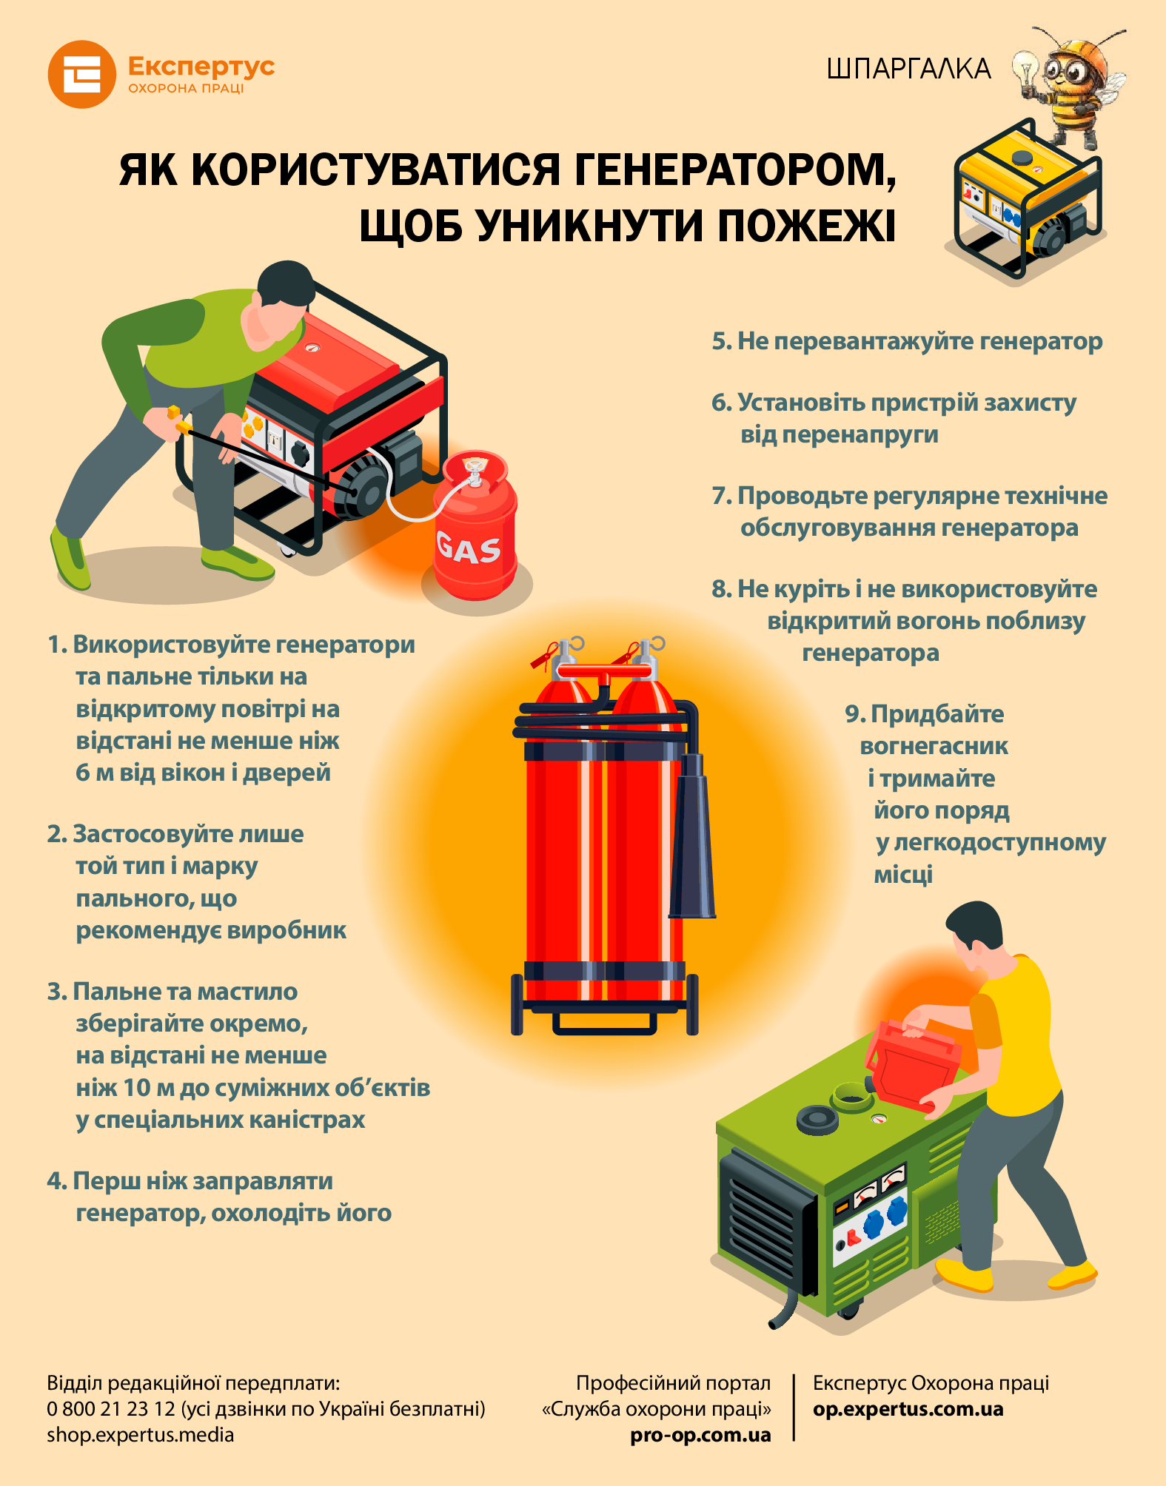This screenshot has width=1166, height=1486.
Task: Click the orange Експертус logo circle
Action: tap(81, 74)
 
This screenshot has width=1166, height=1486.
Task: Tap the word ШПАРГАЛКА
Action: tap(908, 69)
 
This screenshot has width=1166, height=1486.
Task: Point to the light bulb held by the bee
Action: tap(1026, 72)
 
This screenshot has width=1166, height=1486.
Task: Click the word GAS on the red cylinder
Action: tap(468, 548)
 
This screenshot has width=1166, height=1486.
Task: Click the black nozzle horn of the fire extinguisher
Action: tap(692, 836)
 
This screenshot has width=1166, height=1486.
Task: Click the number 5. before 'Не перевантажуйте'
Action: tap(722, 341)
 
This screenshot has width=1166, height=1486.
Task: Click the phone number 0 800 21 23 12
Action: tap(111, 1409)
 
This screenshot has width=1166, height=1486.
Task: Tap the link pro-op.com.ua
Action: tap(700, 1435)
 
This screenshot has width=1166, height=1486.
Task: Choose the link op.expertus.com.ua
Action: tap(908, 1409)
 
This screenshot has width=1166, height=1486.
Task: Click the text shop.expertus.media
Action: tap(141, 1435)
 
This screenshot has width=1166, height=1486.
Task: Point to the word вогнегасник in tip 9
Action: tap(934, 746)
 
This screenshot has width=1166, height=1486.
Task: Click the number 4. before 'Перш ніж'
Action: tap(56, 1181)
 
